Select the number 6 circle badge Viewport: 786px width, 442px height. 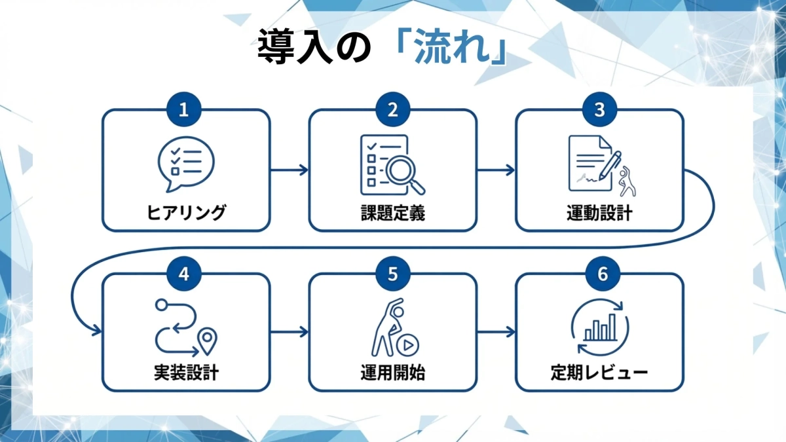click(x=599, y=274)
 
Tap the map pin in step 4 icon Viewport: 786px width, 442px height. click(x=208, y=340)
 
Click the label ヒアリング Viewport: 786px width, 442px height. click(x=186, y=213)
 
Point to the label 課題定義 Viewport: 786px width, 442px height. click(x=392, y=213)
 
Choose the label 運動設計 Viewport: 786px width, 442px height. click(x=599, y=213)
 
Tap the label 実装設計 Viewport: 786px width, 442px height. click(x=186, y=374)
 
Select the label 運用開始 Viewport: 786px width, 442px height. click(x=392, y=374)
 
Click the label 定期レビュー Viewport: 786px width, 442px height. click(x=599, y=374)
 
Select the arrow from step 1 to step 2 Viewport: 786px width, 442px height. click(x=289, y=170)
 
